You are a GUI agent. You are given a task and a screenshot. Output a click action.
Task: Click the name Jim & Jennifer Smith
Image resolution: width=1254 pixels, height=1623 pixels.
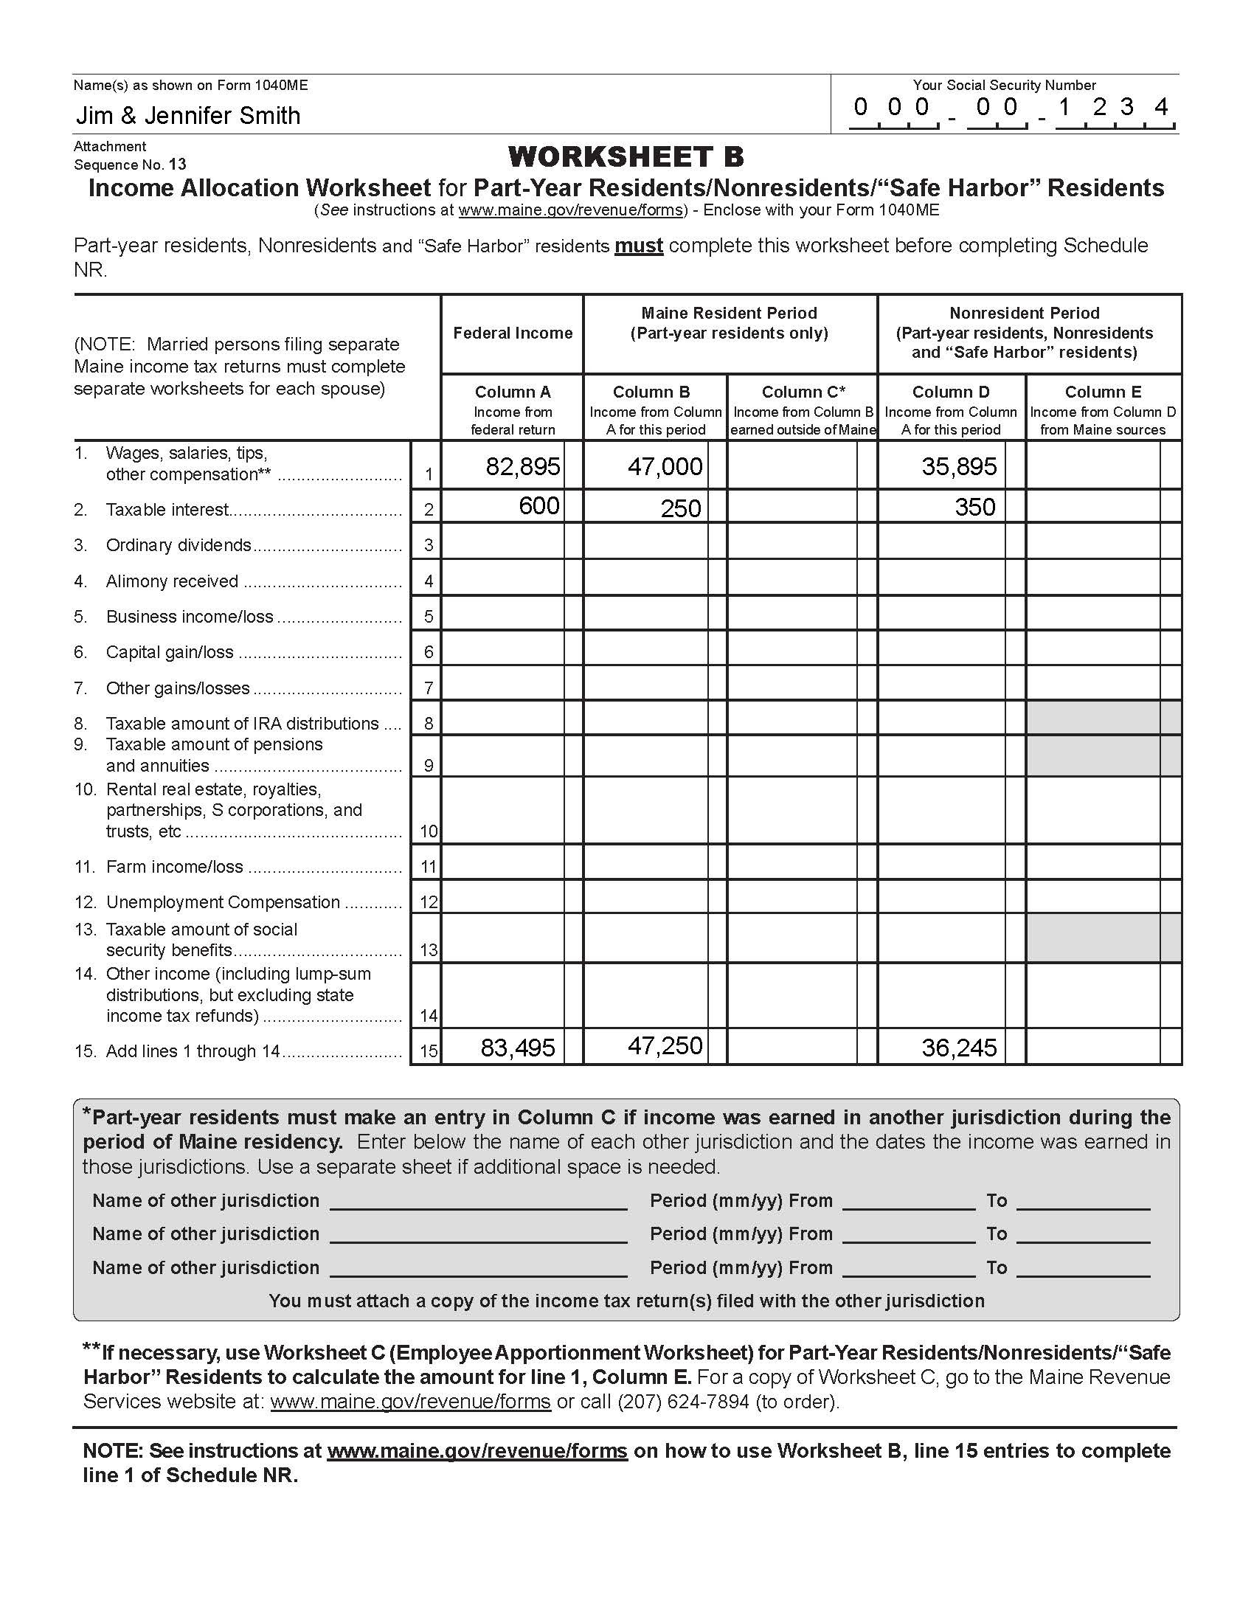point(188,116)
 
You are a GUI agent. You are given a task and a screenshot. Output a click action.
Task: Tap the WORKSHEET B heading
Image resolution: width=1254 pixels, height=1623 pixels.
point(626,157)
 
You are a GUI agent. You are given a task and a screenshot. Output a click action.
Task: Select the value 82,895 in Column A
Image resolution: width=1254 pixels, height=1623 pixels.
point(522,467)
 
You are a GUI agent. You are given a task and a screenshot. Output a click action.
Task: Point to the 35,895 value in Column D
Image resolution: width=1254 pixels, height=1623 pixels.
point(958,467)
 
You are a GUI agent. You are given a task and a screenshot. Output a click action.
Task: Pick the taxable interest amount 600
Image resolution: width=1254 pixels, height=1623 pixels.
point(538,506)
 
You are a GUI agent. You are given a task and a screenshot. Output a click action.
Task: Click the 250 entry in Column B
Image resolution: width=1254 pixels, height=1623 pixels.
point(681,508)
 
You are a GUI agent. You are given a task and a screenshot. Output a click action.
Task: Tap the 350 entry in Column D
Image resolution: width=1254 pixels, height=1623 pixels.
point(974,508)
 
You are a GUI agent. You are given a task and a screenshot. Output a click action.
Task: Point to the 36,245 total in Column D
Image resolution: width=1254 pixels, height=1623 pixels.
point(958,1048)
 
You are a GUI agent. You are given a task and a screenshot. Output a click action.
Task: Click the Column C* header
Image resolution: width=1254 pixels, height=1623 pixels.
point(803,392)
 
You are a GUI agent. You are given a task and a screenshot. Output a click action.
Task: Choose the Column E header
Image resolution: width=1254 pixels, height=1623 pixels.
point(1103,392)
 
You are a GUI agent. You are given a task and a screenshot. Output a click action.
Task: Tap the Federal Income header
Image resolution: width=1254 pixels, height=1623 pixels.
point(513,333)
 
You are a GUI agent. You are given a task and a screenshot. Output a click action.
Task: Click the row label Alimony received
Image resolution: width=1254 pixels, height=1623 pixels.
point(172,581)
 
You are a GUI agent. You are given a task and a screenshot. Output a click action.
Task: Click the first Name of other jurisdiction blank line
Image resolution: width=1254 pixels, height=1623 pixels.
point(479,1202)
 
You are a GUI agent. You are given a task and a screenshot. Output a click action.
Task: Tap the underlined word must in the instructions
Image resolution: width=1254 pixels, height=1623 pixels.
point(638,246)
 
